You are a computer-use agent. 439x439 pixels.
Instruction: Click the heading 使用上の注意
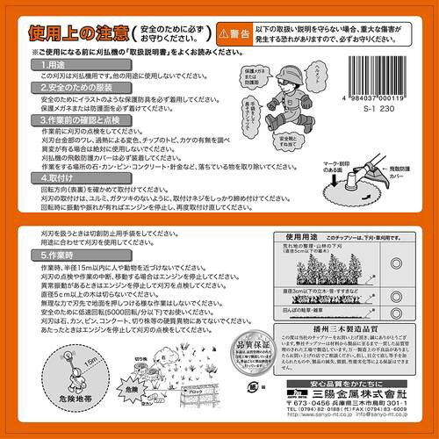80,36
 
